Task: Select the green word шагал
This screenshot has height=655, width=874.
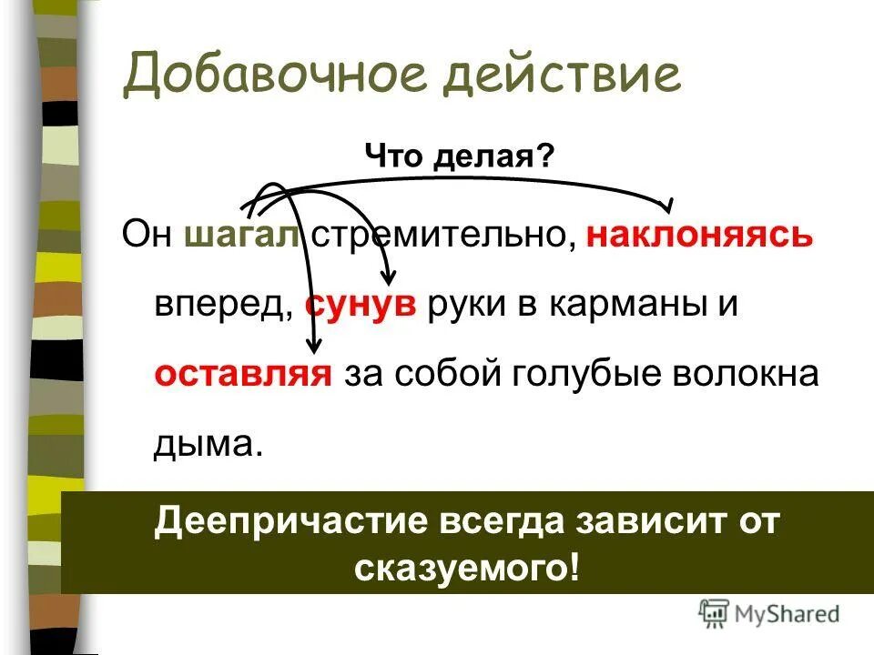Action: click(x=242, y=235)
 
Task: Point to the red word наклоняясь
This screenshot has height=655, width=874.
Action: click(x=699, y=236)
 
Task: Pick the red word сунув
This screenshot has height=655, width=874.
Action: click(x=361, y=305)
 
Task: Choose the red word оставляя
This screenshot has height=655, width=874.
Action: click(x=242, y=374)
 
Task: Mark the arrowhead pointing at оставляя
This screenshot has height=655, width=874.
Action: click(x=314, y=345)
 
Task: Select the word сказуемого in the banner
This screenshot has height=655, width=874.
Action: click(x=464, y=568)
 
